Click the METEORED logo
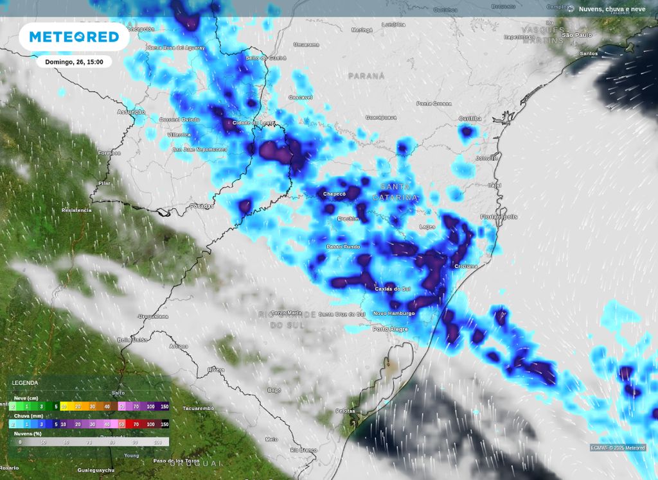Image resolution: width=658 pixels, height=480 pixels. [x=74, y=37]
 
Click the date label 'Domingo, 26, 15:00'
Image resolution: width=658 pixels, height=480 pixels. [x=74, y=62]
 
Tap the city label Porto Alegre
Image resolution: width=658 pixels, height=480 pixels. [x=391, y=329]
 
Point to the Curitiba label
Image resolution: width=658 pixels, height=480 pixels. [x=470, y=119]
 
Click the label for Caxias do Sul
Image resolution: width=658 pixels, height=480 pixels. [x=393, y=289]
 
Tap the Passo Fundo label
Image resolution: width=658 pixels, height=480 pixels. [x=343, y=246]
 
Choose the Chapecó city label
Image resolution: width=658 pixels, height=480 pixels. [x=334, y=193]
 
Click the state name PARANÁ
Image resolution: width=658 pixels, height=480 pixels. [x=366, y=76]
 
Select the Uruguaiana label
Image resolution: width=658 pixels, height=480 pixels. [x=153, y=316]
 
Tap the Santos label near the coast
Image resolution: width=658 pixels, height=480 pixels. [x=589, y=53]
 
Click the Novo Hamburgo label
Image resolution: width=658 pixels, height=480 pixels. [x=394, y=313]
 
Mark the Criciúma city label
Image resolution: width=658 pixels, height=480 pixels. [x=466, y=266]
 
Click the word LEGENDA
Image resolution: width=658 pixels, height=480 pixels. [x=25, y=383]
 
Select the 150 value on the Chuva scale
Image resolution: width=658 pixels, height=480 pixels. [x=164, y=424]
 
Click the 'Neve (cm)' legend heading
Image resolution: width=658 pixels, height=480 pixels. [x=26, y=398]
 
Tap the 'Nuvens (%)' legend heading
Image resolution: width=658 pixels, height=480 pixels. [x=28, y=433]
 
